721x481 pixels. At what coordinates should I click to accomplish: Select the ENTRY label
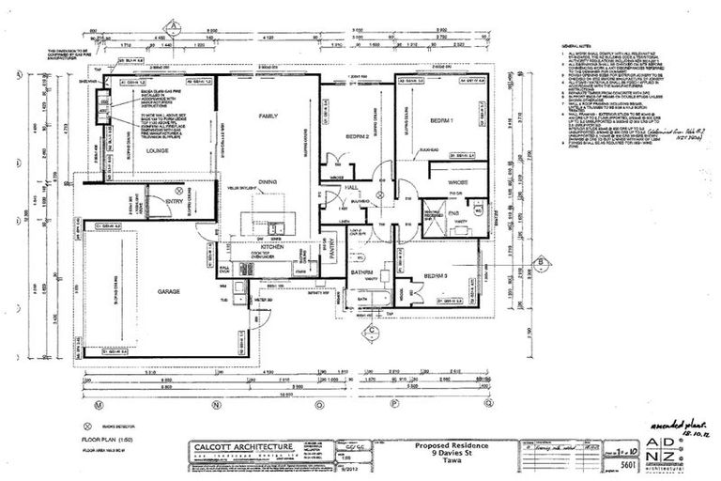click(175, 200)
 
